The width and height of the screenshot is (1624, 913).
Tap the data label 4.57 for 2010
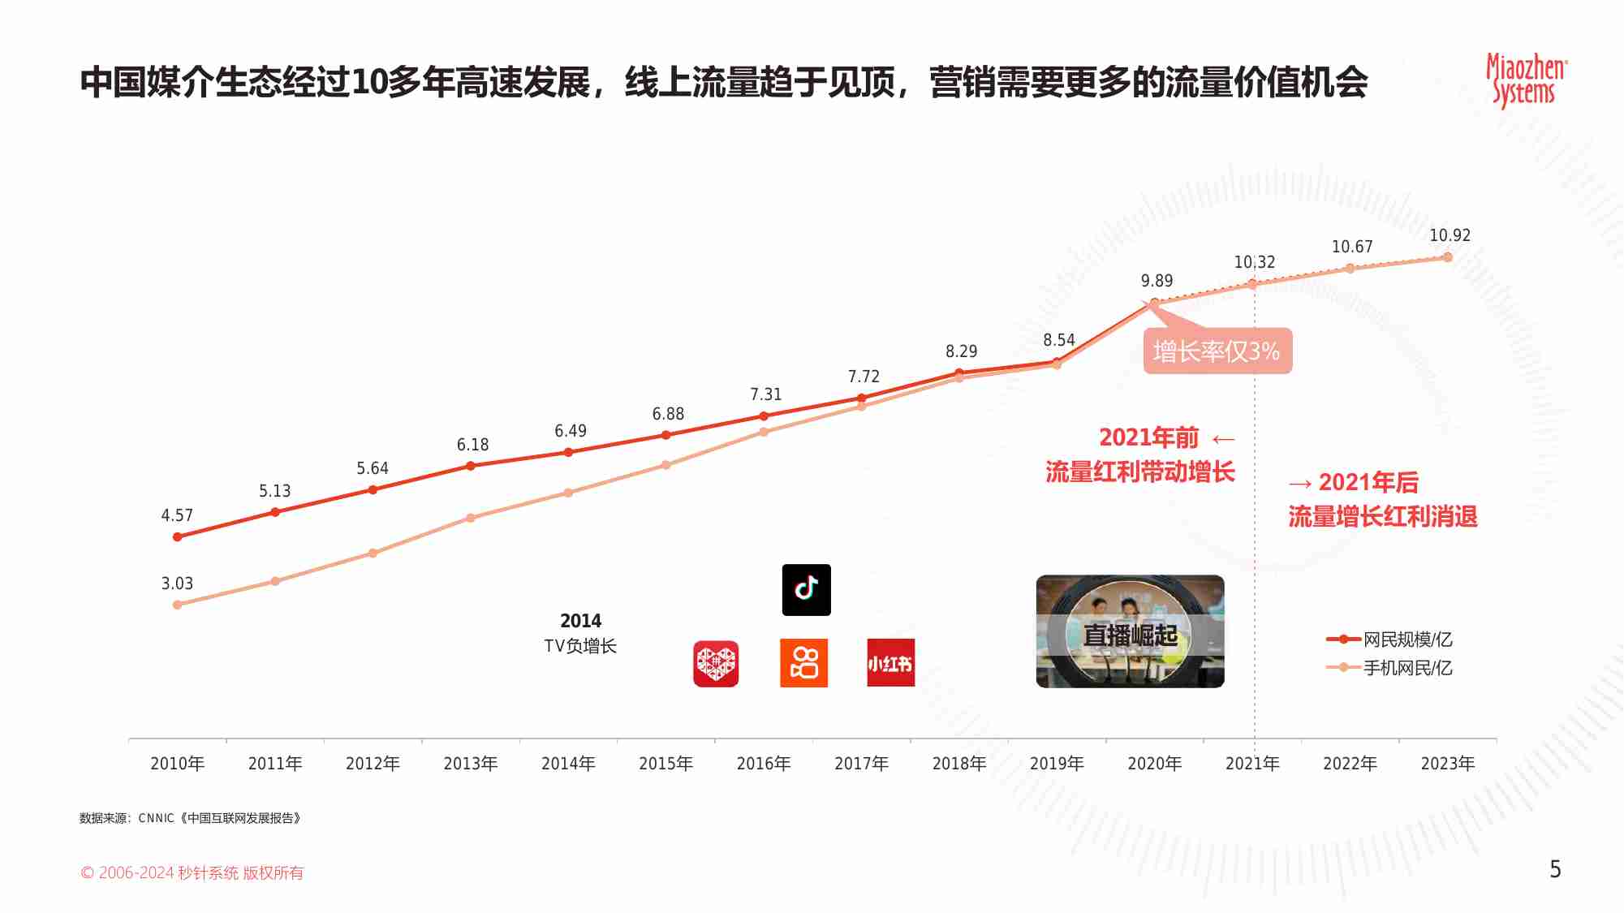177,515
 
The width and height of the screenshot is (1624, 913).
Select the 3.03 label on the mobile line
177,584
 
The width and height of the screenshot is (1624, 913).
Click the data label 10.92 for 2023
1450,235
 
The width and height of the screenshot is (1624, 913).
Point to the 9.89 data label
1157,281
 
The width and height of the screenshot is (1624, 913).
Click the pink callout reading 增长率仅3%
1217,351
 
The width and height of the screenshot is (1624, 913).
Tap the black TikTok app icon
806,590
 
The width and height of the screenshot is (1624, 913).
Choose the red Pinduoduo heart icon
716,664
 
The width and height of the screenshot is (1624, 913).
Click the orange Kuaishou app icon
803,663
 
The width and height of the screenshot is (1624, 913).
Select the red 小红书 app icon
890,663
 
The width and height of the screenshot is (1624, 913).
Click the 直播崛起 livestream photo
1130,631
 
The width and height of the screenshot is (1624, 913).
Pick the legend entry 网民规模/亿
1406,640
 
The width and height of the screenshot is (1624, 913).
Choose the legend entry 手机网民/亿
1406,668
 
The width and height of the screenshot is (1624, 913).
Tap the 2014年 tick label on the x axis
568,764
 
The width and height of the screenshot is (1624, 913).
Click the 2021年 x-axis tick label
1252,764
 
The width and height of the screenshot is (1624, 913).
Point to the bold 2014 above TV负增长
580,621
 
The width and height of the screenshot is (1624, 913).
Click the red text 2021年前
1148,437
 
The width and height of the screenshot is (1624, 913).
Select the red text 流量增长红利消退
1382,517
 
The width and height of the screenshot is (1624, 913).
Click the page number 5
1555,869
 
